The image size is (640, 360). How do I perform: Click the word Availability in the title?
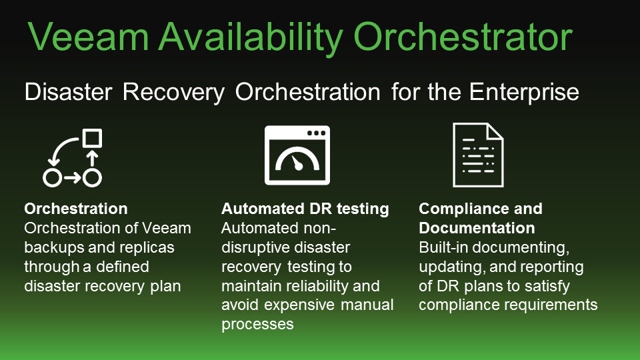250,37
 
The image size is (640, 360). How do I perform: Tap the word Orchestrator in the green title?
463,37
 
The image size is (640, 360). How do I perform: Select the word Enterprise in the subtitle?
524,92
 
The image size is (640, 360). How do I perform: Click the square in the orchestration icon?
92,138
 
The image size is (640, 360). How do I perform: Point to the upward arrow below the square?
92,158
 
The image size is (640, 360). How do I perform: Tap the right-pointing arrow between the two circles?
72,178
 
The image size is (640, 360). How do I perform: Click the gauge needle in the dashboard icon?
297,163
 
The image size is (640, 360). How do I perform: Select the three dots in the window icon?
316,133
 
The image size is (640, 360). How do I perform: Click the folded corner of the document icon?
495,131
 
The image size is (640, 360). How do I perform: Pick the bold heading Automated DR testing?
305,209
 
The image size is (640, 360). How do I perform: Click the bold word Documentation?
477,228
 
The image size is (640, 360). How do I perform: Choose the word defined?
123,267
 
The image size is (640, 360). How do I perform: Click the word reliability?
301,287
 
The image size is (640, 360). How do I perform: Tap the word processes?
257,325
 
